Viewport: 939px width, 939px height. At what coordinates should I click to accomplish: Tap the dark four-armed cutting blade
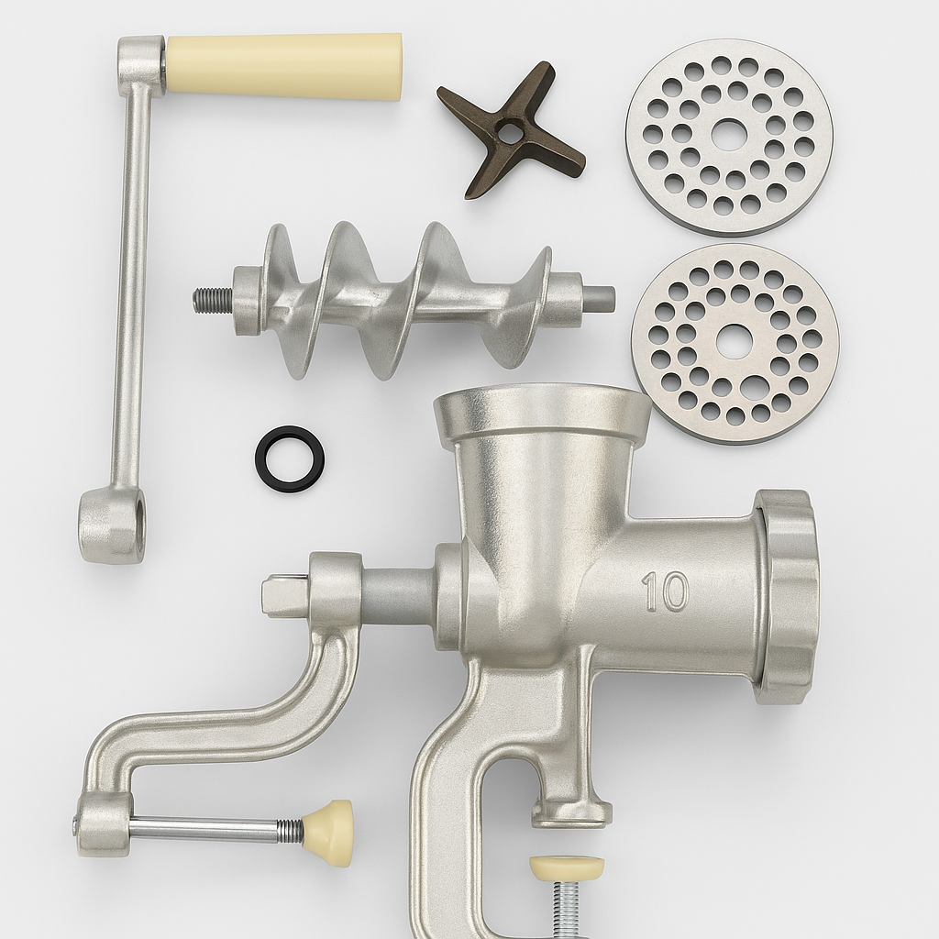[510, 129]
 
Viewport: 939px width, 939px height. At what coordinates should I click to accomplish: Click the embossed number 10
[665, 592]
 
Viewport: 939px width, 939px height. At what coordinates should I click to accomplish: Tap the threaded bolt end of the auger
[214, 295]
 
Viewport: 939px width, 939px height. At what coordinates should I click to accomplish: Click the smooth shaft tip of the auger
[599, 295]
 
